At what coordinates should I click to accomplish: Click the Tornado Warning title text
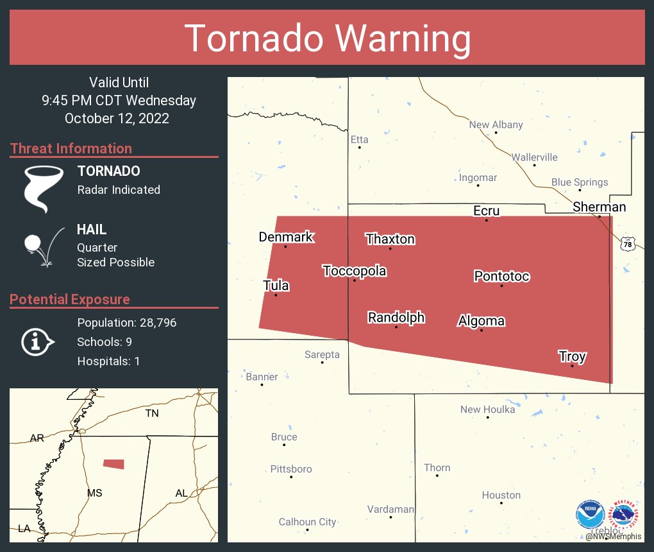click(x=327, y=39)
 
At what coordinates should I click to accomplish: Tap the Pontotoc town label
click(x=501, y=276)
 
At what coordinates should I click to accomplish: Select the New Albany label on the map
click(x=496, y=125)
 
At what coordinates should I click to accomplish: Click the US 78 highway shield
click(x=628, y=244)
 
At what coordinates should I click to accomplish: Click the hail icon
click(x=43, y=246)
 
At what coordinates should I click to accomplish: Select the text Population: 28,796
click(x=126, y=322)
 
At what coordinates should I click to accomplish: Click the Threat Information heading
click(x=71, y=149)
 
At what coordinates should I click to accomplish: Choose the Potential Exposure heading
click(x=70, y=300)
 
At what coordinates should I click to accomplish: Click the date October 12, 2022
click(x=117, y=119)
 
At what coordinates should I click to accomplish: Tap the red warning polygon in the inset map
click(x=114, y=463)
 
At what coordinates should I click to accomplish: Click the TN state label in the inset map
click(x=152, y=413)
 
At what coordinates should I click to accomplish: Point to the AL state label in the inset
click(x=181, y=493)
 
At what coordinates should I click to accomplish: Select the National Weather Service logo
click(x=626, y=515)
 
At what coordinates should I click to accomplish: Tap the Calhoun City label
click(x=307, y=522)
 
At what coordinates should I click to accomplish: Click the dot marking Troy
click(x=572, y=366)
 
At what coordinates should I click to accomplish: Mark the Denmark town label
click(x=285, y=237)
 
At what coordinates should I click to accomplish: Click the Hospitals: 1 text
click(x=108, y=361)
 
